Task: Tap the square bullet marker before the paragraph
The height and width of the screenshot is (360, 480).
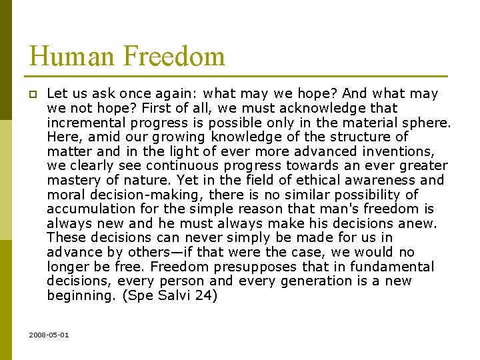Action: tap(33, 94)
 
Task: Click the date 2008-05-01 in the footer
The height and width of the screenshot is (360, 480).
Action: tap(49, 334)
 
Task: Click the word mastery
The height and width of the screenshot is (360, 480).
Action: tap(71, 180)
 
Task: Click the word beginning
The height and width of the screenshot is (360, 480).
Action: tap(77, 295)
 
